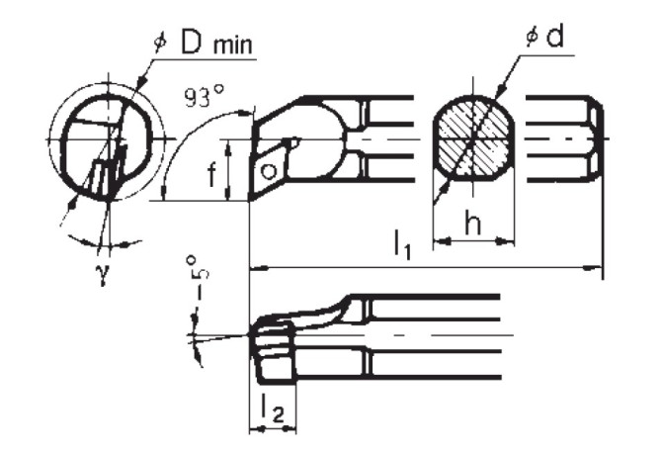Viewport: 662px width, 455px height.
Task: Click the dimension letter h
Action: tap(475, 226)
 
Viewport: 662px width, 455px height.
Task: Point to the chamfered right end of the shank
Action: tap(598, 138)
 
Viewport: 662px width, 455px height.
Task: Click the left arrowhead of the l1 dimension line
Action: tap(253, 267)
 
